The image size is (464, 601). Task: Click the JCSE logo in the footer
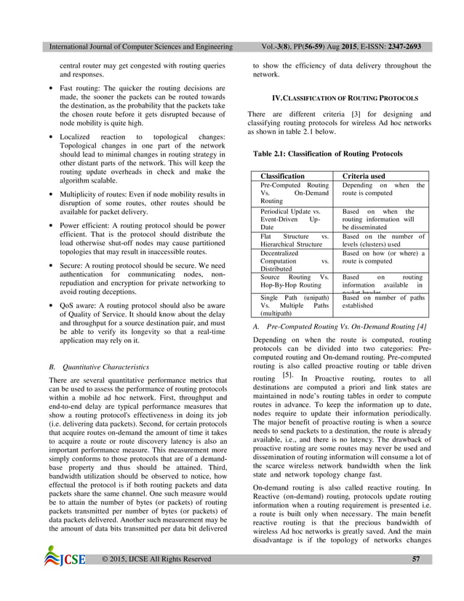click(x=65, y=579)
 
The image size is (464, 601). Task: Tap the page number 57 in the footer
click(x=416, y=579)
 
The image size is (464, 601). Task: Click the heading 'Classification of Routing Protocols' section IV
click(x=340, y=97)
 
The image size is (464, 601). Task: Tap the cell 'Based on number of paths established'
click(x=383, y=302)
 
